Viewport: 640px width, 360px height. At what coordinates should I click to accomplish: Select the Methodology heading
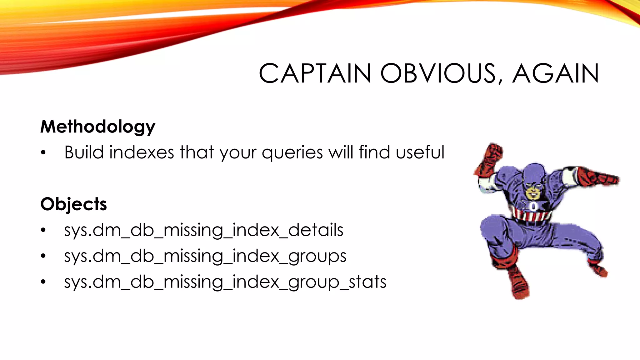pos(98,127)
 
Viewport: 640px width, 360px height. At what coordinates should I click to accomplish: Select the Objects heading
pos(74,204)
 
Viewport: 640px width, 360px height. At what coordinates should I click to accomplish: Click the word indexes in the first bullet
pos(142,152)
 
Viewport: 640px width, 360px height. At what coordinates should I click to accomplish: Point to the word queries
pos(292,152)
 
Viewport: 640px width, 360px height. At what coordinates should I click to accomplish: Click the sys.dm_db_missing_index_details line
pos(204,230)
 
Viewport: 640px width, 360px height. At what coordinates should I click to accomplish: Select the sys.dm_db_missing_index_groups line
pos(205,256)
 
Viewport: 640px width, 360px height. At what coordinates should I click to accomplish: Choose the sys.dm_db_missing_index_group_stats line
pos(225,282)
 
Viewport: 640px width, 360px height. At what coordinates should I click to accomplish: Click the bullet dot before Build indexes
pos(43,153)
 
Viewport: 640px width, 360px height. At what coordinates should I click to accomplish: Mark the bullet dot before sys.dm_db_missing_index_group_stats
pos(43,282)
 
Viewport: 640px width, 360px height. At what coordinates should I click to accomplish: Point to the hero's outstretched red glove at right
pos(598,177)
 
